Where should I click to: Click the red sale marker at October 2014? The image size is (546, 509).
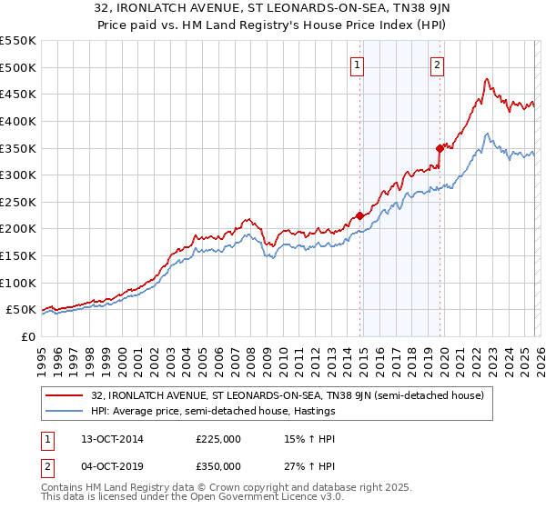(x=359, y=215)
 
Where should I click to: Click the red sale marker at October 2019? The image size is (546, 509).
(x=440, y=147)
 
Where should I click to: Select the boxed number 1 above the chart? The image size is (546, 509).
(x=357, y=65)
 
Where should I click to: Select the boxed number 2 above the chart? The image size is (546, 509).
(x=438, y=65)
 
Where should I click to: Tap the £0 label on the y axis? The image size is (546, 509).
(x=27, y=336)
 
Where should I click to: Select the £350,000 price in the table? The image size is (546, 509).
(x=217, y=466)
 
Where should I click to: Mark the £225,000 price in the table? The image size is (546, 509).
(x=217, y=440)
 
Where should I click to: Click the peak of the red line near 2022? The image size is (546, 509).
(x=487, y=80)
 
